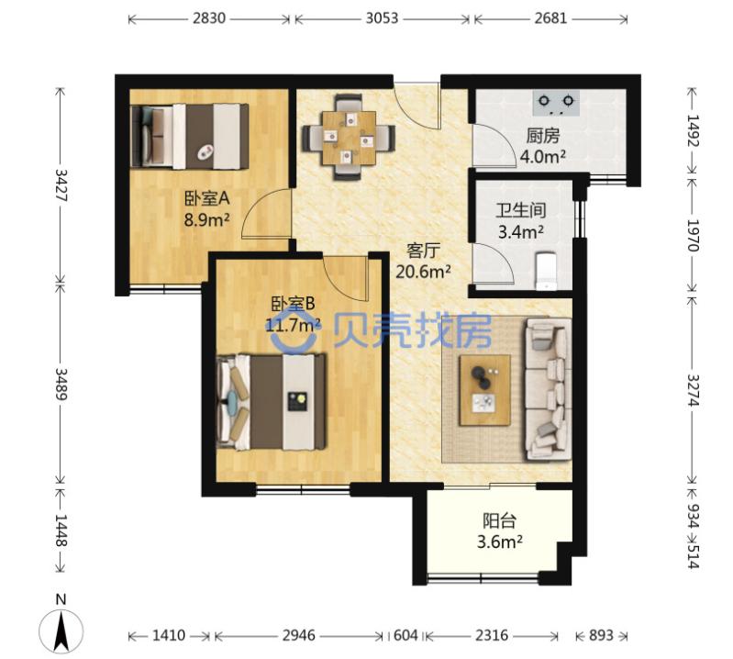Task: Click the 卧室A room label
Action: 206,199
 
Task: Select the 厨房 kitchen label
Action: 543,136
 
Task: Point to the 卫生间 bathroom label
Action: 521,210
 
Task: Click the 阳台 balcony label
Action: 499,521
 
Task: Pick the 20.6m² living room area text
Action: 423,272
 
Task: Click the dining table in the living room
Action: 349,138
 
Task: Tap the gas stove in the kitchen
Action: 556,103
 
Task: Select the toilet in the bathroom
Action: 546,272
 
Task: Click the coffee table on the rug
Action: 484,390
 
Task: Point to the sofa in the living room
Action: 548,388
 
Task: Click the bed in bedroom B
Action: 272,402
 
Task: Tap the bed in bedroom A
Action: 190,136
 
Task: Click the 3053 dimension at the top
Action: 382,18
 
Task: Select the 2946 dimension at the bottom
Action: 298,635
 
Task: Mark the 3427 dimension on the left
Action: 61,185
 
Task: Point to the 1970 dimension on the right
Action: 693,235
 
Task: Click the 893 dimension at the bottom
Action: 601,635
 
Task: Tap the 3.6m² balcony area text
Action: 499,542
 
